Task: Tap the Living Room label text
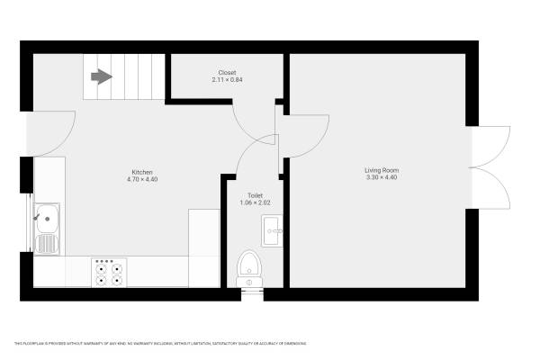pos(381,170)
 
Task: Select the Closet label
pos(227,73)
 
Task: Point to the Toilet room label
pos(255,195)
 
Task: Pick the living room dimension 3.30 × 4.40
pos(381,177)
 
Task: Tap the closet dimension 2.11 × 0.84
pos(227,80)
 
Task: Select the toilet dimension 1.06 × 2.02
pos(255,202)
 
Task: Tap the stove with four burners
pos(109,272)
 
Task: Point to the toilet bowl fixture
pos(249,267)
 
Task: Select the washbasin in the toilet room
pos(272,231)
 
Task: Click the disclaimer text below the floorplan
pos(160,344)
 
